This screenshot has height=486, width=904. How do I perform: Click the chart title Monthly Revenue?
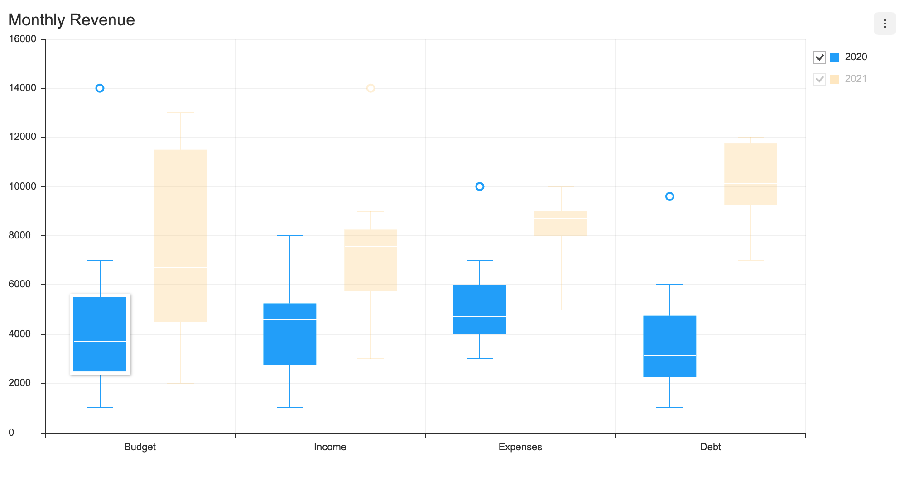(72, 20)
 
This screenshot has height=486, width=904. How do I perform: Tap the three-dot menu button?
(884, 24)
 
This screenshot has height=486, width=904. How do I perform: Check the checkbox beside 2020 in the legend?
(819, 57)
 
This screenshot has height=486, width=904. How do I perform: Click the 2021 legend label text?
(855, 79)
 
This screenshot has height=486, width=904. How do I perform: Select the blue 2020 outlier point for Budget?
(100, 88)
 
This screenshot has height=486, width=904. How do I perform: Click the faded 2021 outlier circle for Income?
(370, 88)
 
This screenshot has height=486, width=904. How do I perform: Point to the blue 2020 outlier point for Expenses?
(480, 186)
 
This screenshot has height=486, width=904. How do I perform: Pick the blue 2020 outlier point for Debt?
(669, 196)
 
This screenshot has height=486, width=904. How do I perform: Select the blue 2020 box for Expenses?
(480, 310)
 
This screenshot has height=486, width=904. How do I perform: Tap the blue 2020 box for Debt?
(669, 346)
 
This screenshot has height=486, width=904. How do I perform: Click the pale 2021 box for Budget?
(181, 235)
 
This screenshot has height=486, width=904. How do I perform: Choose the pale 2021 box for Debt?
(750, 174)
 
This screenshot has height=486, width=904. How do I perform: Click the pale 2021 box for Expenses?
(561, 224)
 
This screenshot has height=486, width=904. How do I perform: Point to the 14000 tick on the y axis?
(23, 88)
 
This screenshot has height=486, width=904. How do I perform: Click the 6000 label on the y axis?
(20, 284)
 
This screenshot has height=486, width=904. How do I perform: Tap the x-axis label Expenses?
(520, 447)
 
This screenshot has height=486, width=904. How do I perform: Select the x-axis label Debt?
(710, 447)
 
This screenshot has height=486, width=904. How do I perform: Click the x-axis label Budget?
(140, 447)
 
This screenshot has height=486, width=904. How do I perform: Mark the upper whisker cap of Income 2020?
(289, 236)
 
